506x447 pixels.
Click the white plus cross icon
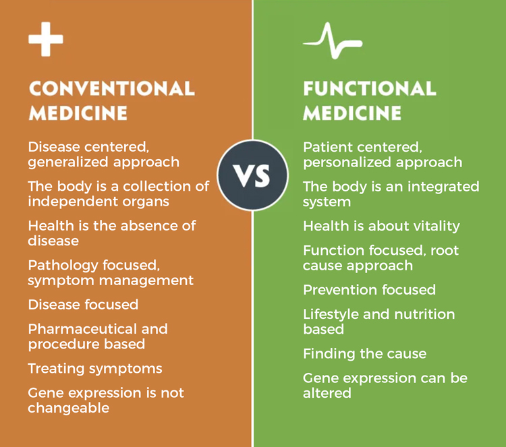[x=46, y=39]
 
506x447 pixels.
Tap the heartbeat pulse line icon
[x=333, y=41]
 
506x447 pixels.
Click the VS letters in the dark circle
[x=252, y=176]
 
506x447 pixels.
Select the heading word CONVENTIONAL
[x=111, y=88]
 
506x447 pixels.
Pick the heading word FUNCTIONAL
[x=370, y=88]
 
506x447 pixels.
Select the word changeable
[x=68, y=409]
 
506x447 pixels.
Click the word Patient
[x=328, y=148]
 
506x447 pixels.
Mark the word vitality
[x=437, y=227]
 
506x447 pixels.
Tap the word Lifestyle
[x=331, y=315]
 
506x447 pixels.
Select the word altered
[x=327, y=393]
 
